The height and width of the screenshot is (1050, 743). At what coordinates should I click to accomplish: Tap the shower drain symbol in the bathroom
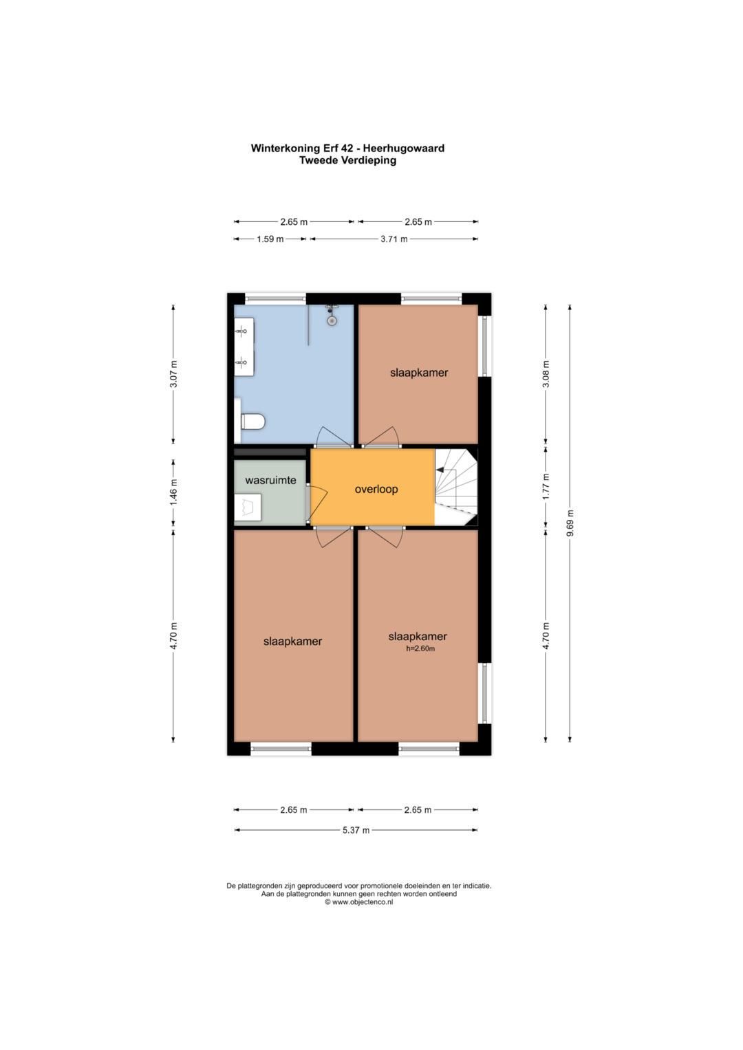coord(332,320)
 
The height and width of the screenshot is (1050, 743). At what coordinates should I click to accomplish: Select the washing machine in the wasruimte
coord(248,507)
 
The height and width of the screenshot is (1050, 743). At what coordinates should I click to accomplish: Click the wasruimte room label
coord(270,481)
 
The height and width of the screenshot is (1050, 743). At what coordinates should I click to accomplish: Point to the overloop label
coord(376,489)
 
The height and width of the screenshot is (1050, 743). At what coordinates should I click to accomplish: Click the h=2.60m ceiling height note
coord(420,648)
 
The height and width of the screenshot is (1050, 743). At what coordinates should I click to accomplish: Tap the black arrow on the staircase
coord(440,470)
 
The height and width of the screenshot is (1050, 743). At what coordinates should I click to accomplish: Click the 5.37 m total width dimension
coord(356,830)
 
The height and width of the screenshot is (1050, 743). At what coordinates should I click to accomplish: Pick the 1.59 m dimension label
coord(270,239)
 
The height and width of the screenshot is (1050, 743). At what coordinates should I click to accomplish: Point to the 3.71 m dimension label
coord(394,239)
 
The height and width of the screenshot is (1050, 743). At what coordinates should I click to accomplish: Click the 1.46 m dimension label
coord(173,491)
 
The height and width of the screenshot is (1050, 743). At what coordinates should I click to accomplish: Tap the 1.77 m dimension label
coord(546,486)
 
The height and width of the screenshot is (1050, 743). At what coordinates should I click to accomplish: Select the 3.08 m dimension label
coord(546,374)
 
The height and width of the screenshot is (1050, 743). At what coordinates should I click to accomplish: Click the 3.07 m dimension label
coord(173,374)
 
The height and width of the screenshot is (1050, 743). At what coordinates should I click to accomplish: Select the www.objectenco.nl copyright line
coord(359,902)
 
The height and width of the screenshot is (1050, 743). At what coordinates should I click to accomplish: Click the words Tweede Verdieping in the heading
coord(347,160)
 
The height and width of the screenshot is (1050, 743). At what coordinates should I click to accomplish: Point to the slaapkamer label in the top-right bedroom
coord(419,373)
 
